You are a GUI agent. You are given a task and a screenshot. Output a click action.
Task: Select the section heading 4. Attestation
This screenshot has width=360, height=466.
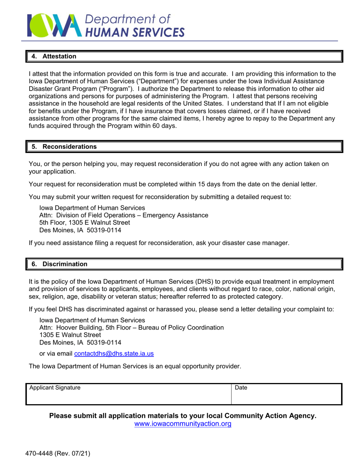tap(54, 56)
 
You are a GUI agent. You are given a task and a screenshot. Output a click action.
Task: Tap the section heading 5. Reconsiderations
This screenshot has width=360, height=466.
tap(64, 146)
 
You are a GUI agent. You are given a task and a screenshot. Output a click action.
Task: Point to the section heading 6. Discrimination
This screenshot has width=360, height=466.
tap(59, 264)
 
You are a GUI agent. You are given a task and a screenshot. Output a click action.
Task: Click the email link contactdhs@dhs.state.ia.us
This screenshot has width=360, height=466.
tap(114, 353)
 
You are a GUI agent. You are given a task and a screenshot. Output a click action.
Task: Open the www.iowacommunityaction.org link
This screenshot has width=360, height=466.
tap(183, 424)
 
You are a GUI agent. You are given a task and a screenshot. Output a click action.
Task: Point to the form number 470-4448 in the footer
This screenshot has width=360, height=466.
tap(40, 453)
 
